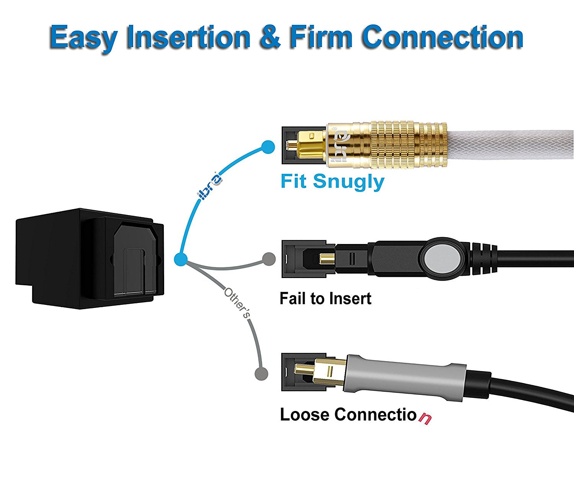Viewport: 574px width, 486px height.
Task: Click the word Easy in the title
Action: point(83,38)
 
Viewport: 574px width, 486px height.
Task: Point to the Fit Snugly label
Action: point(332,181)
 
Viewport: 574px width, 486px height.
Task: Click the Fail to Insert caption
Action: point(325,299)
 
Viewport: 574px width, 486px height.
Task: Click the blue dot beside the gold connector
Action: point(268,147)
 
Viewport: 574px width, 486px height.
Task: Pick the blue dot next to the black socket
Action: point(181,259)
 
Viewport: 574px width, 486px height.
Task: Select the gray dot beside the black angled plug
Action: point(269,259)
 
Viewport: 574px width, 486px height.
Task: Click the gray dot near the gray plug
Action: point(261,373)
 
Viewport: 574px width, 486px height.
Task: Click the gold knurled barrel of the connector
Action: point(408,145)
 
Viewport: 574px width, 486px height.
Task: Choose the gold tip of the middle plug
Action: point(326,259)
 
